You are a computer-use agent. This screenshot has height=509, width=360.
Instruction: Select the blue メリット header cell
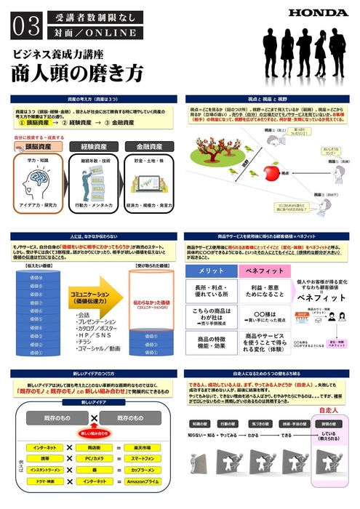(x=212, y=270)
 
